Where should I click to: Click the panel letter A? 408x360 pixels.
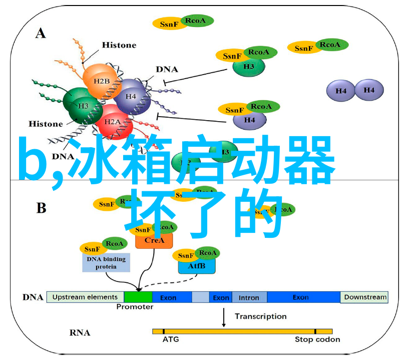41,34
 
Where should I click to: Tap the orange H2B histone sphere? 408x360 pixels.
102,81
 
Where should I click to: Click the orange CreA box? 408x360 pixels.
154,240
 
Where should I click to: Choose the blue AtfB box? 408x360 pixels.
197,266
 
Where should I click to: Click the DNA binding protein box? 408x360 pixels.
106,262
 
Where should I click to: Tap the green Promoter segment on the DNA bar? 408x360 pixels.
138,297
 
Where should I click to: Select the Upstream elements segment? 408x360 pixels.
85,297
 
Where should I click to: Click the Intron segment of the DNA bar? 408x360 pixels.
249,297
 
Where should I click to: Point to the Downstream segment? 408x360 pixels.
365,297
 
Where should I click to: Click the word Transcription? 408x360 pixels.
261,316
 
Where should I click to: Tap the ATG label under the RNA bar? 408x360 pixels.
170,339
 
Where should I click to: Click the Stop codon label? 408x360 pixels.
317,339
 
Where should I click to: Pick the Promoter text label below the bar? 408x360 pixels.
135,307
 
